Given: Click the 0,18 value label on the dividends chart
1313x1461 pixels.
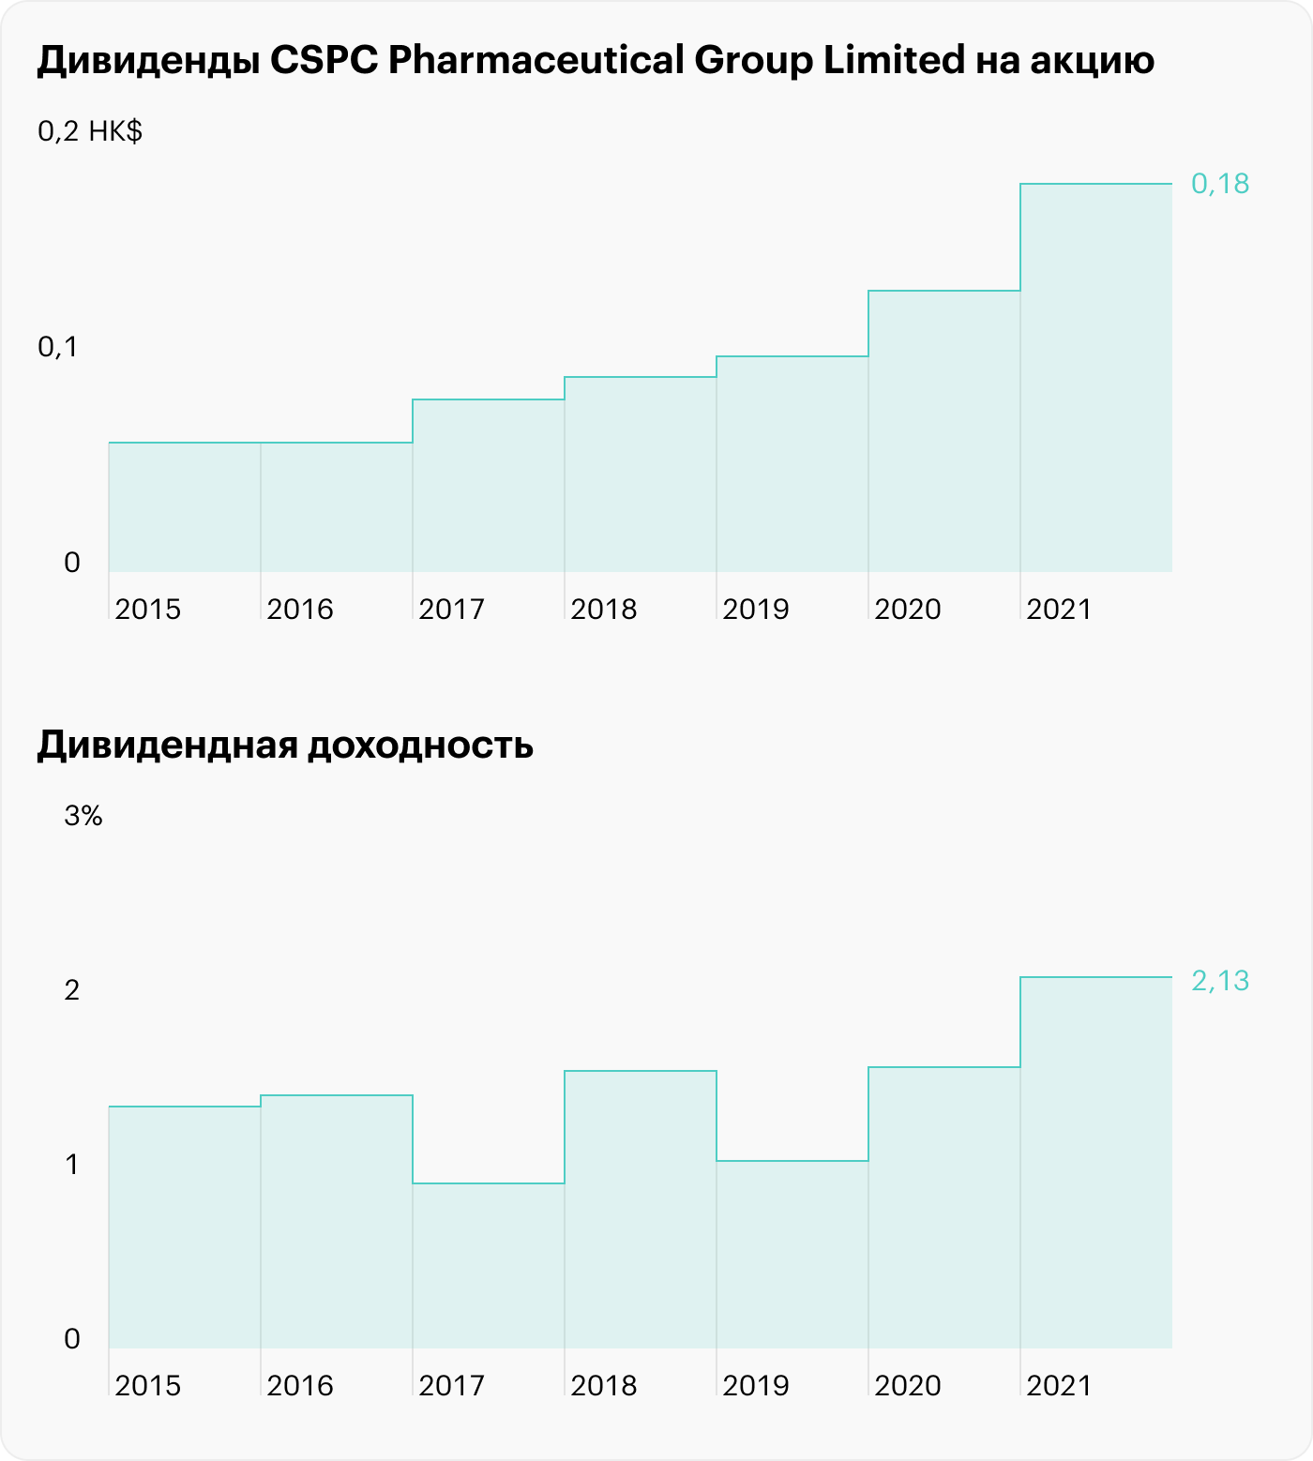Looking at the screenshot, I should [x=1219, y=184].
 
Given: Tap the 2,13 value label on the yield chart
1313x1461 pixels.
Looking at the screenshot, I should [x=1219, y=981].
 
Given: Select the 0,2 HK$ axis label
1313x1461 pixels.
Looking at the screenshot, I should [x=90, y=131].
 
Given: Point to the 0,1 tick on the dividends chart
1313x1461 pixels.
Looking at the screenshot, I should [x=58, y=347].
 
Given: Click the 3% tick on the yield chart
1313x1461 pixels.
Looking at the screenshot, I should [x=83, y=816].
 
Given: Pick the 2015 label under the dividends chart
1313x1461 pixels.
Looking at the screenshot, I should [x=147, y=610].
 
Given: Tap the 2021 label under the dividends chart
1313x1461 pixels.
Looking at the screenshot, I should [x=1059, y=610].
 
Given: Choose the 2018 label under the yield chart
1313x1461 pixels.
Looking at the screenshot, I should [x=603, y=1386].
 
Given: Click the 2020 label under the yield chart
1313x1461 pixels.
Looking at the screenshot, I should [x=907, y=1386].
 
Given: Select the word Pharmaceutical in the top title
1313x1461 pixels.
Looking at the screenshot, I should [x=536, y=61].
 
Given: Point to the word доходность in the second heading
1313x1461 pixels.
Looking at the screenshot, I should [x=420, y=746].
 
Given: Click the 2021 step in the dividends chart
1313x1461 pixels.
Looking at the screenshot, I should [x=1095, y=375].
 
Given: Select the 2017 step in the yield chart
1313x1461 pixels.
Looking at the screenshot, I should [x=489, y=1266].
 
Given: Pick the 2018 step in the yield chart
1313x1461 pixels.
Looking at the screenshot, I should [x=641, y=1210].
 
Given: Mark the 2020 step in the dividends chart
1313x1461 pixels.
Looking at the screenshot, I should [x=943, y=431].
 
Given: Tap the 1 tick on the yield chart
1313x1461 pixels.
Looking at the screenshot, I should [x=72, y=1165].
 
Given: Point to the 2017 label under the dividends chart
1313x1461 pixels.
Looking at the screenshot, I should [x=451, y=610].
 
